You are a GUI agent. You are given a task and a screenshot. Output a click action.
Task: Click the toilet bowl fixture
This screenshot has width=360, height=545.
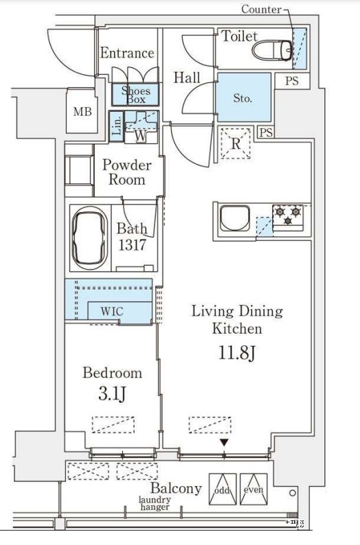point(272,50)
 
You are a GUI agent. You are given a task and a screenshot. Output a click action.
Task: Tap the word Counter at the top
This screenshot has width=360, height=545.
point(261,9)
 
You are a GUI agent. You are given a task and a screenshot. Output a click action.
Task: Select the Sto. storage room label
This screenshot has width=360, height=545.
point(243,98)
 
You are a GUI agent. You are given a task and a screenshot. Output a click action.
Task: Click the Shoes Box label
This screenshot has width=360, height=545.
point(135,95)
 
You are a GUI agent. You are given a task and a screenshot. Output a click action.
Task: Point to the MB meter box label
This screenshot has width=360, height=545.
point(82,112)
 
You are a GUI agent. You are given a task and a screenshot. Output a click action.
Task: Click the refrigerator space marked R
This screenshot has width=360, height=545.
point(236,143)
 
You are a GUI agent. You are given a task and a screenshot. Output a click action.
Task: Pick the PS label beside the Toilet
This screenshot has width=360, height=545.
point(292,81)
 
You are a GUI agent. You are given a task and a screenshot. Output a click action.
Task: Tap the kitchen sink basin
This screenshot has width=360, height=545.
point(235,218)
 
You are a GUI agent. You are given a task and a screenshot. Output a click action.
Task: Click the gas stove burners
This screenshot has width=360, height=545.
point(288,215)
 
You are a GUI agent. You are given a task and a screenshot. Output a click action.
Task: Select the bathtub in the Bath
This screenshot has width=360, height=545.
point(89,238)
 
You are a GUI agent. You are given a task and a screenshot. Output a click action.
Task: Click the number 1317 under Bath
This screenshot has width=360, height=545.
point(132,245)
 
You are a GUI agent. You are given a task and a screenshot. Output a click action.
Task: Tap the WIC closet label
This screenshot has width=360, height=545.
point(112,311)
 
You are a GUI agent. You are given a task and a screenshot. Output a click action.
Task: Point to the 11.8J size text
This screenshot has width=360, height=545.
point(237,353)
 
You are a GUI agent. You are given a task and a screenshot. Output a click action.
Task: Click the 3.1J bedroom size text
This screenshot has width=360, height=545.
point(112,394)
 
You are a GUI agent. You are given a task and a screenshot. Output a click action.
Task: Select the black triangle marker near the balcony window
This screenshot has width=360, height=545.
point(224,443)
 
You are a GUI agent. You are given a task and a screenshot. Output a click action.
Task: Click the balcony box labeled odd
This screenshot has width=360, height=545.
point(223,489)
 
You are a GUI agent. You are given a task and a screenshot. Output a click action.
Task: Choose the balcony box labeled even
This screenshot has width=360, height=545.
point(254,489)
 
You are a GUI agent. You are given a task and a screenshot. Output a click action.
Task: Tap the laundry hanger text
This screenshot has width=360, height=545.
point(155,503)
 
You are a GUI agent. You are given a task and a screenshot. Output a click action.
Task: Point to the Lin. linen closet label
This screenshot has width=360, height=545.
point(117,126)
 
